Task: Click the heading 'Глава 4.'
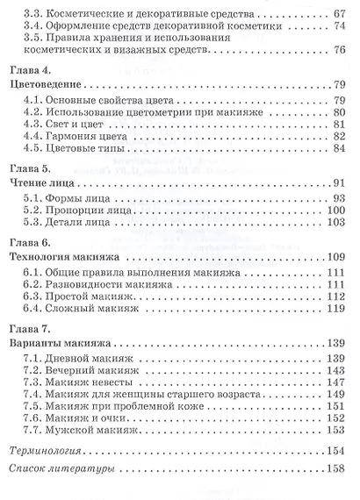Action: [31, 68]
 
